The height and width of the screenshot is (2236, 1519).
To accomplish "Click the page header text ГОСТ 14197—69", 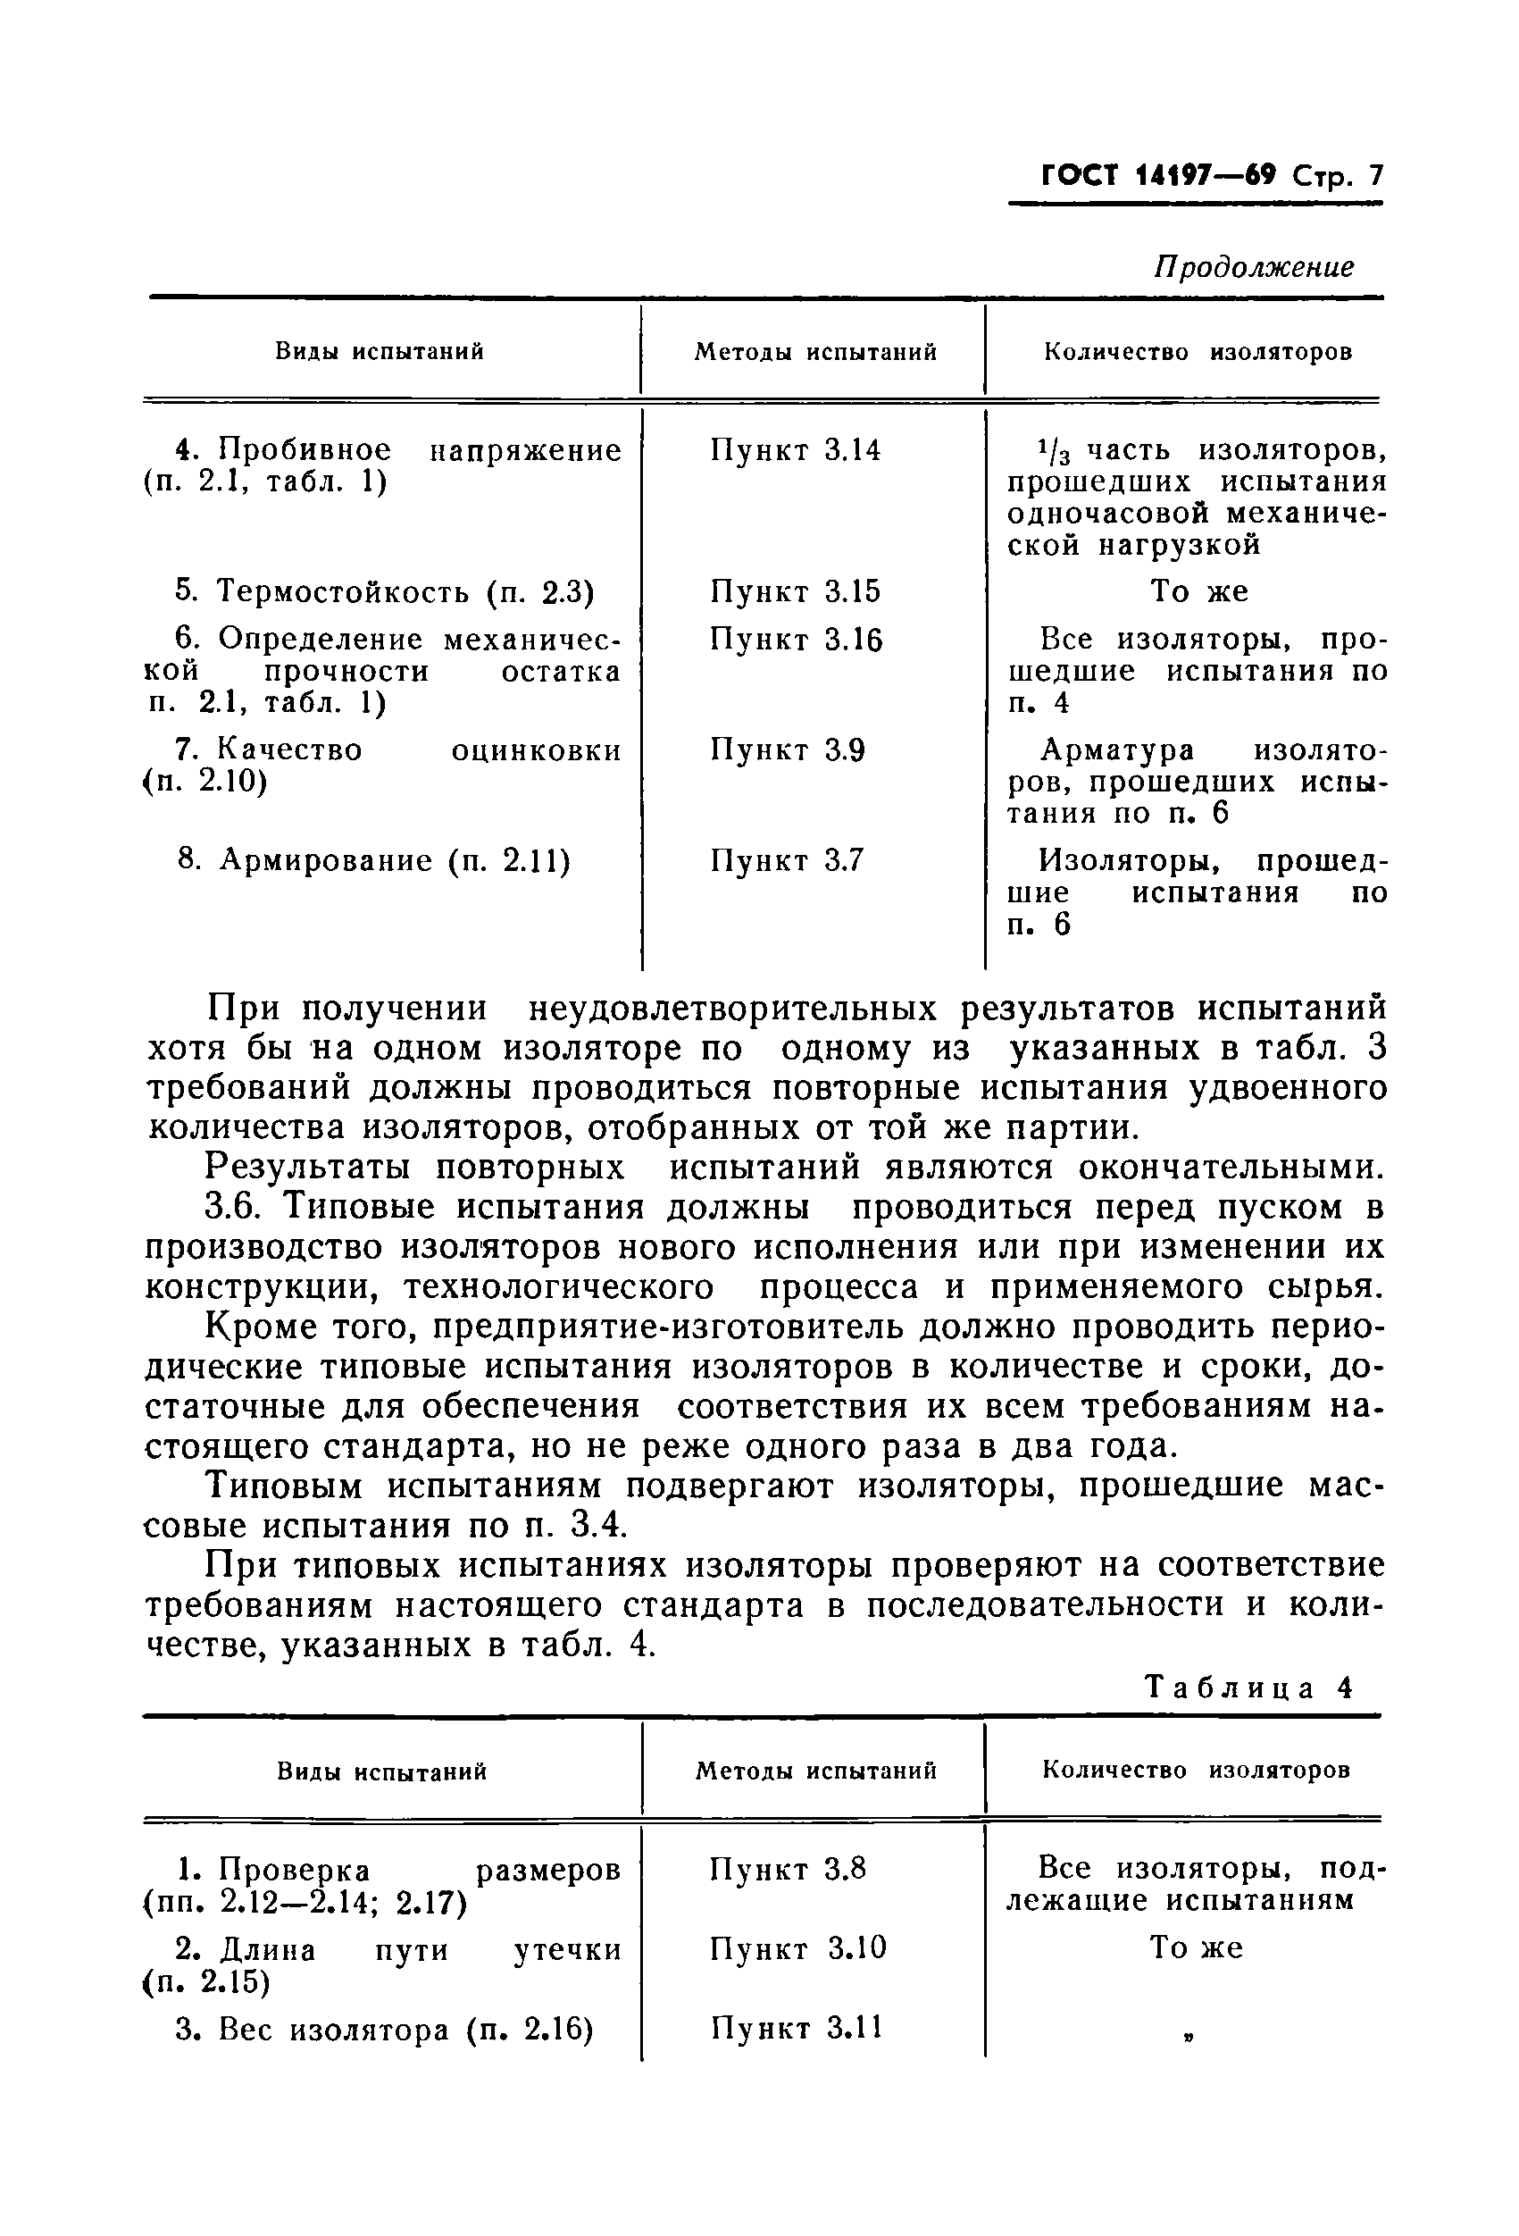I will tap(1158, 177).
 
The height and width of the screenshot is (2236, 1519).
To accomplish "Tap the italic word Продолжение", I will tap(1254, 266).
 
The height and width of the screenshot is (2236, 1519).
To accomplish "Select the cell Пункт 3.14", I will tap(796, 450).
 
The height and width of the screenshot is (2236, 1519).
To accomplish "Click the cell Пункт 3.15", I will tap(796, 590).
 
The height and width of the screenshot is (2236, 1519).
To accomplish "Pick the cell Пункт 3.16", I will tap(796, 639).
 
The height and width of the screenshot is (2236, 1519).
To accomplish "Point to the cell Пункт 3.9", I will tap(788, 750).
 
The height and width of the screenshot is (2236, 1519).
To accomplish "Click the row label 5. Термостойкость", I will tap(385, 590).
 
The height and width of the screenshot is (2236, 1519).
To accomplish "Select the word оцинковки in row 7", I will tap(536, 750).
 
